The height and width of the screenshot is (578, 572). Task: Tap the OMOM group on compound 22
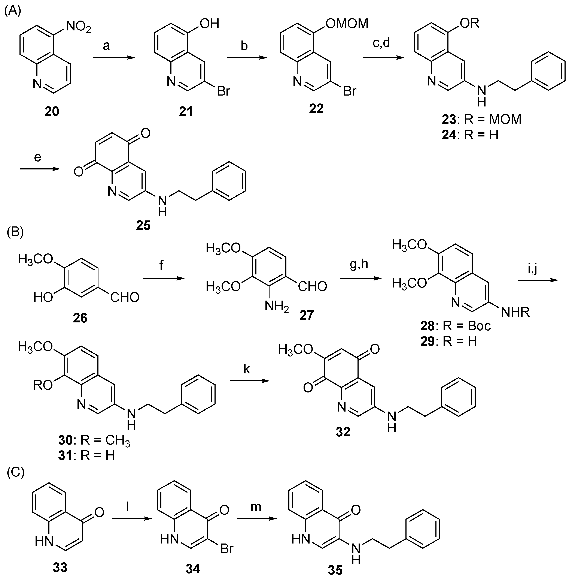[x=347, y=23]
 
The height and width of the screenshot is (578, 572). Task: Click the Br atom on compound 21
[x=223, y=91]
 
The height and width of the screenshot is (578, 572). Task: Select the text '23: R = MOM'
[x=482, y=119]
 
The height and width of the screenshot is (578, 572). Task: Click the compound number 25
[x=143, y=225]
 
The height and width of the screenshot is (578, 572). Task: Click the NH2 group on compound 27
[x=276, y=307]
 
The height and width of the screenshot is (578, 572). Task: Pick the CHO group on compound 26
[x=125, y=297]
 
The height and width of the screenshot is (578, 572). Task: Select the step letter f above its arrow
[x=161, y=265]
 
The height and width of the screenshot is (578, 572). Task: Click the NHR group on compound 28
[x=515, y=312]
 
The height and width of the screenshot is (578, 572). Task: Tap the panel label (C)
[x=15, y=472]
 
